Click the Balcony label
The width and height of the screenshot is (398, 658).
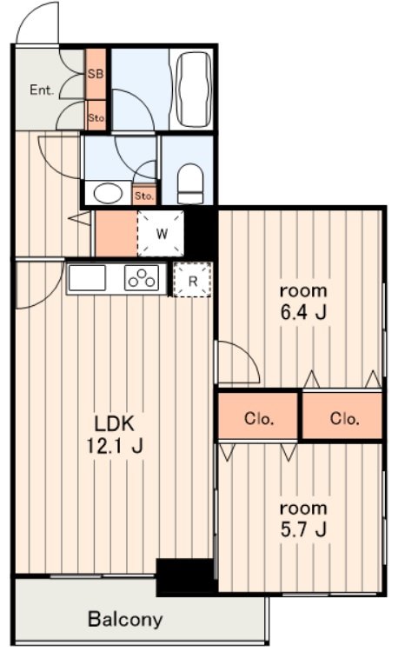[x=125, y=620]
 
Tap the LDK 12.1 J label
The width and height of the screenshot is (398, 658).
[x=115, y=435]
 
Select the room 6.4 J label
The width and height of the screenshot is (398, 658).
[x=303, y=302]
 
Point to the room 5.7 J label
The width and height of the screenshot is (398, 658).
[x=303, y=519]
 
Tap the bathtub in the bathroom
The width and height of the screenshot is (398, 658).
[x=194, y=89]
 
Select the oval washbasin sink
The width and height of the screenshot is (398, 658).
[x=109, y=194]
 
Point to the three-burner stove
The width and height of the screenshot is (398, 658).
[x=142, y=277]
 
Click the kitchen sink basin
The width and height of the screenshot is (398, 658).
[x=87, y=277]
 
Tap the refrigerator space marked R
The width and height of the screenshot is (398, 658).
[x=193, y=280]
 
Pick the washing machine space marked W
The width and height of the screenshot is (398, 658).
[x=161, y=233]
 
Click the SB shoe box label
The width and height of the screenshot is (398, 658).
[x=96, y=74]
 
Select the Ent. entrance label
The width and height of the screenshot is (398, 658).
[x=42, y=90]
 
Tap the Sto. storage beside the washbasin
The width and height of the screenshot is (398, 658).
[x=145, y=196]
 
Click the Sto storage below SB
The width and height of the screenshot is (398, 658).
[x=96, y=116]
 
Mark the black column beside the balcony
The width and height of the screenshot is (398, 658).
[x=185, y=575]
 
